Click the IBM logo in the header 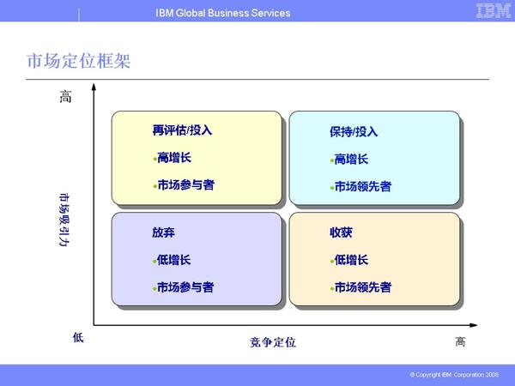pos(494,12)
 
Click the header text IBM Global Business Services pos(223,13)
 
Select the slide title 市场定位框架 pos(79,62)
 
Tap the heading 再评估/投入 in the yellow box pos(182,131)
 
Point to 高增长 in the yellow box pos(174,158)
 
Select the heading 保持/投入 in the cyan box pos(354,132)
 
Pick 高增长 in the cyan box pos(351,159)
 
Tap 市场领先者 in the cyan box pos(362,186)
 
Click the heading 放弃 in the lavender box pos(163,232)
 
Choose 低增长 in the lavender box pos(174,260)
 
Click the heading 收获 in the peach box pos(341,232)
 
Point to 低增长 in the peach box pos(351,260)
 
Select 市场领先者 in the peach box pos(362,287)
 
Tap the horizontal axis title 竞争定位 pos(273,342)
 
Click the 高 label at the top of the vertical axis pos(65,98)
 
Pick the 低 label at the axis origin pos(78,338)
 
